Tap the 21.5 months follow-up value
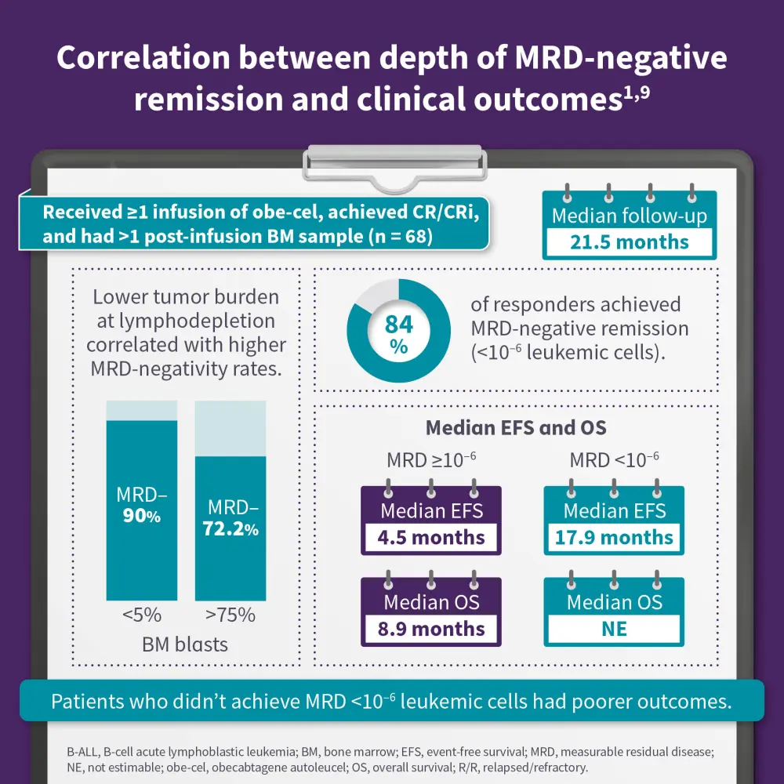(629, 242)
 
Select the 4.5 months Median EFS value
(430, 538)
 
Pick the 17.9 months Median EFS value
(614, 538)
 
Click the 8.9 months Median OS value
(430, 629)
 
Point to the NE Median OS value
(614, 629)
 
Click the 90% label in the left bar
(141, 517)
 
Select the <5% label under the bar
(141, 615)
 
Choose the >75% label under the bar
(230, 615)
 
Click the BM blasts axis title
(185, 644)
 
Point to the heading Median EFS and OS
(516, 428)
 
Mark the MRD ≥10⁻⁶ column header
(430, 460)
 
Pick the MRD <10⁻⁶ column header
(614, 460)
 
